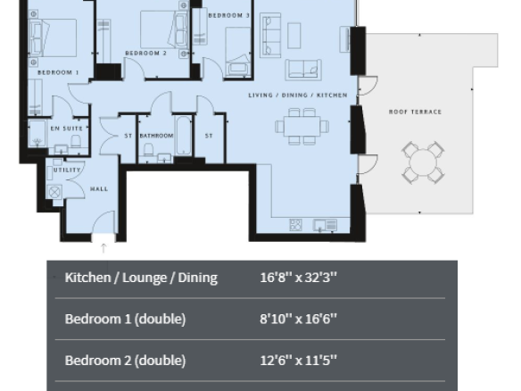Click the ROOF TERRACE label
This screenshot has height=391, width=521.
click(415, 112)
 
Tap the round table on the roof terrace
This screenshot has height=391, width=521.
click(423, 162)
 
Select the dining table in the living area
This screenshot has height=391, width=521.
click(302, 127)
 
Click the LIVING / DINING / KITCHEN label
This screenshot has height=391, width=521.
click(298, 96)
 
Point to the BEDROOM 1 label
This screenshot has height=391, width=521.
click(58, 72)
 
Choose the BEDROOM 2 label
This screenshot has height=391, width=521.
click(146, 54)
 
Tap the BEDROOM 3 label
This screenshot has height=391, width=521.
click(228, 15)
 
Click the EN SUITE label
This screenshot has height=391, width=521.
click(66, 129)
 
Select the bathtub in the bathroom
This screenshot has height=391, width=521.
click(184, 136)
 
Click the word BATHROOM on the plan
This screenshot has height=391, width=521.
click(156, 136)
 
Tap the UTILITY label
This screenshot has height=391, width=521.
click(67, 170)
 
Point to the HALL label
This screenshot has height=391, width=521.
click(99, 189)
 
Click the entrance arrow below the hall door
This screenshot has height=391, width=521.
click(103, 248)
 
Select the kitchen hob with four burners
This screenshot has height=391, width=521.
click(295, 225)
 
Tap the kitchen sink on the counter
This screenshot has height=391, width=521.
click(325, 225)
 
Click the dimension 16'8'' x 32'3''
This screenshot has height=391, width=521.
click(298, 277)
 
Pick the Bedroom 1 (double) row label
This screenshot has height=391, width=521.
click(125, 319)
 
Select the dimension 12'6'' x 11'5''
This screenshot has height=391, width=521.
click(298, 360)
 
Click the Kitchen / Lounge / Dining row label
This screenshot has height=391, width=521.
click(141, 278)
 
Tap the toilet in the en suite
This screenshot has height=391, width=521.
click(76, 141)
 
